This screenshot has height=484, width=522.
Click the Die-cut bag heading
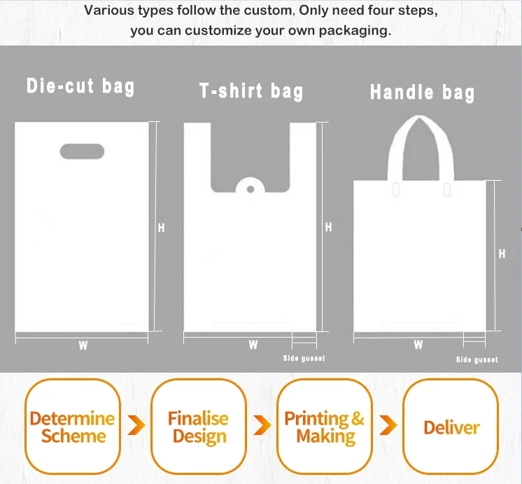80,86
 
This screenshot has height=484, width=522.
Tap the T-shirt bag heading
251,91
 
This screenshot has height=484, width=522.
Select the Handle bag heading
422,92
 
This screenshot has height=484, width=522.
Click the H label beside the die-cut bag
161,228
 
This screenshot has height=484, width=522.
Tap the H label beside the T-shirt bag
328,228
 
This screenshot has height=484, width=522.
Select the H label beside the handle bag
502,254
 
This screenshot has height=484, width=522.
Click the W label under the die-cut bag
83,345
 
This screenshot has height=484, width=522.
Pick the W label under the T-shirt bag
253,345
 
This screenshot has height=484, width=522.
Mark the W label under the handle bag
418,345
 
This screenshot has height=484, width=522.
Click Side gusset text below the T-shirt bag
304,359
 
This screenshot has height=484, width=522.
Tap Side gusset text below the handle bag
477,359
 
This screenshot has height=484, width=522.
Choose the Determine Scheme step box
72,427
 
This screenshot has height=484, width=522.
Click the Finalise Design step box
198,427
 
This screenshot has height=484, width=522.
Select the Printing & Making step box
324,427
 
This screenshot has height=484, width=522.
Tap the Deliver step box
451,427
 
